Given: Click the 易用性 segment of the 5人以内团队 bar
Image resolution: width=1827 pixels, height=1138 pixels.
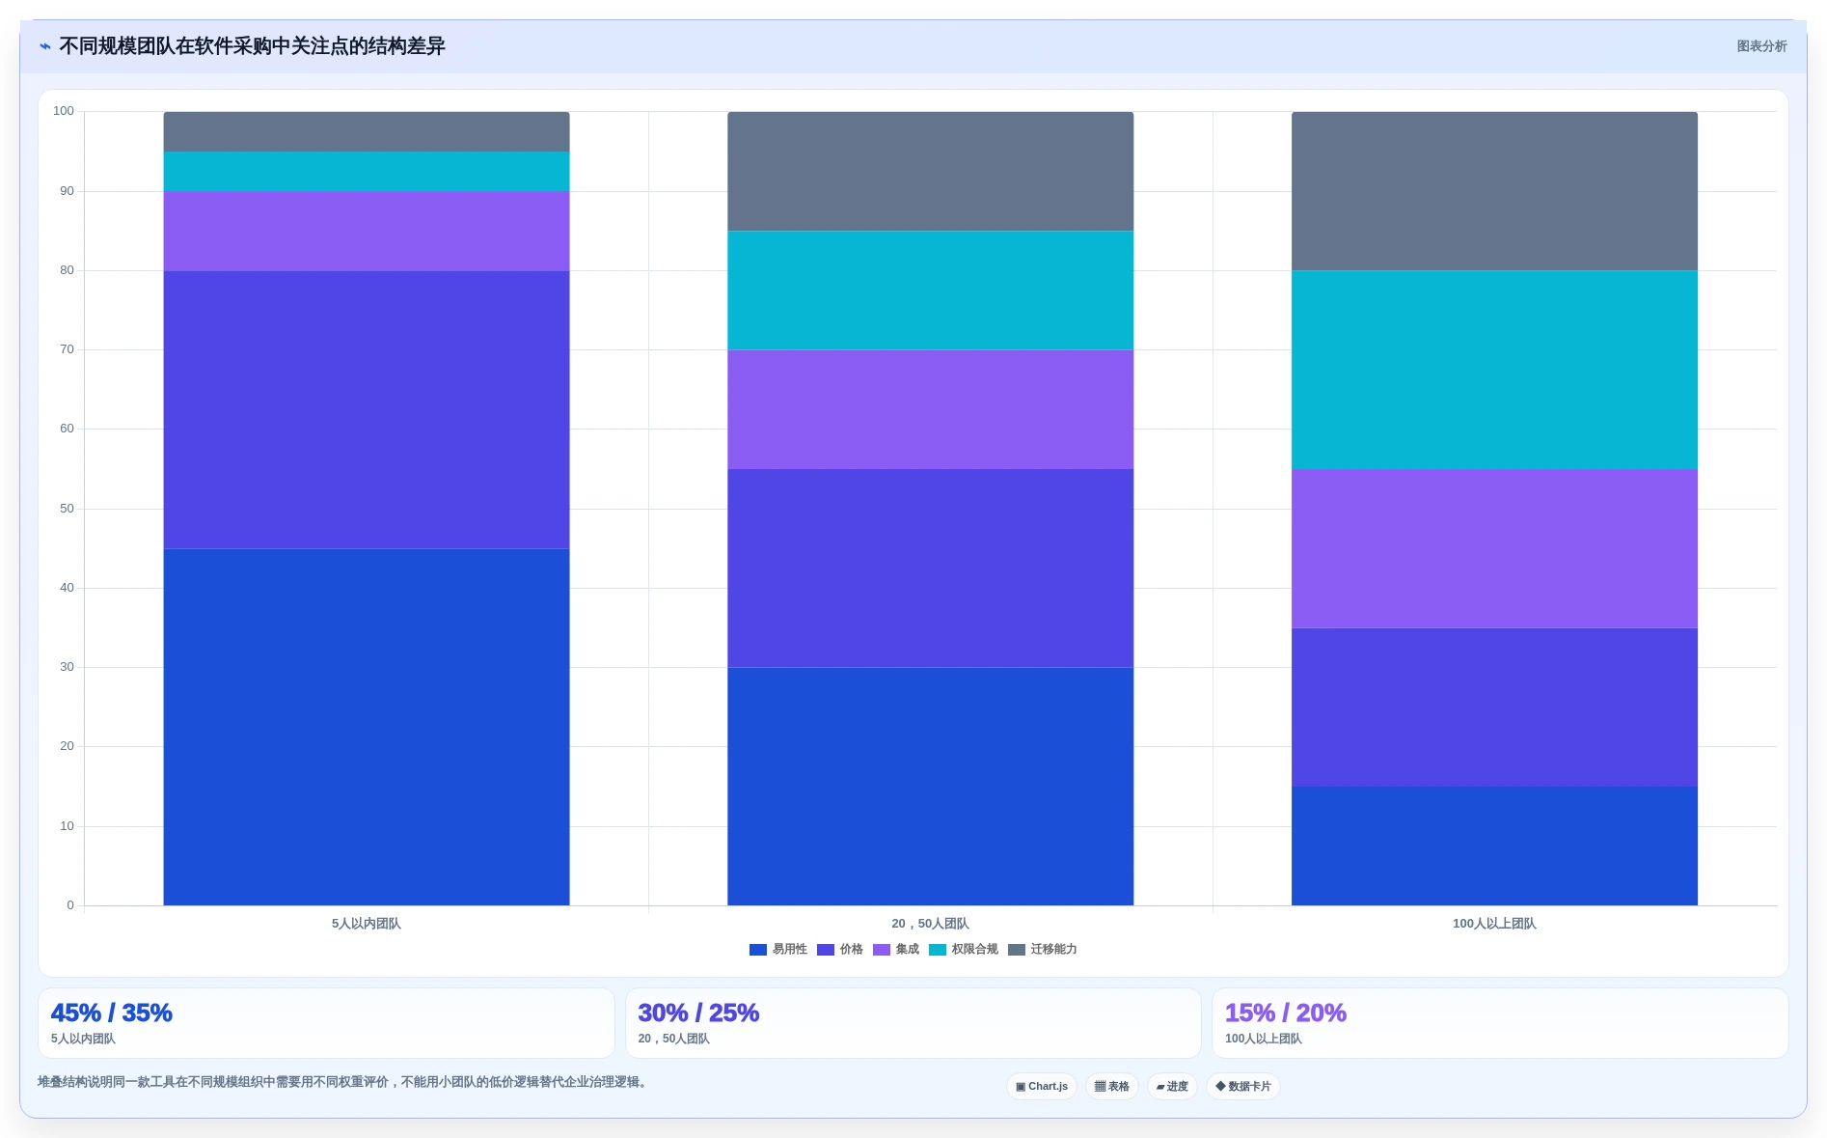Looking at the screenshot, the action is pyautogui.click(x=367, y=727).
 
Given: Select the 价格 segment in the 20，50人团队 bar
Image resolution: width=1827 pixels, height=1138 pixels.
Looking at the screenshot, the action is pyautogui.click(x=930, y=569).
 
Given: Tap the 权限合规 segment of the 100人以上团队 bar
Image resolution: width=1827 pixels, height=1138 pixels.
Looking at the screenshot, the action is pyautogui.click(x=1494, y=370).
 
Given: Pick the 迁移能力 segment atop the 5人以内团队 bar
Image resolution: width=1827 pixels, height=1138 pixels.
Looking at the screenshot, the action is pyautogui.click(x=367, y=131).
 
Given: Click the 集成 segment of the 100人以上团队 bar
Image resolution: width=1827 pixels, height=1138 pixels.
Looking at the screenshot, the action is pyautogui.click(x=1494, y=548).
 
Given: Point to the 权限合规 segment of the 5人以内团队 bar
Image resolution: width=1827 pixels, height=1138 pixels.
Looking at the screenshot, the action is pyautogui.click(x=367, y=171).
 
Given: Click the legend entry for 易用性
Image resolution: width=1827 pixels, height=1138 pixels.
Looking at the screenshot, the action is pyautogui.click(x=777, y=950).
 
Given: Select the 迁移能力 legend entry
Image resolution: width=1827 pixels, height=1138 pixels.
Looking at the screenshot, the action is pyautogui.click(x=1042, y=950).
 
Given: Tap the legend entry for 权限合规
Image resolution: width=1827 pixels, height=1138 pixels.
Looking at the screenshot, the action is pyautogui.click(x=963, y=950).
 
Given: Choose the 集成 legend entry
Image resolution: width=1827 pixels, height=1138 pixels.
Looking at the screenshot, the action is pyautogui.click(x=895, y=950).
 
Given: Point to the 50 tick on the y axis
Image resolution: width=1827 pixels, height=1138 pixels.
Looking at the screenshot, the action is pyautogui.click(x=67, y=509).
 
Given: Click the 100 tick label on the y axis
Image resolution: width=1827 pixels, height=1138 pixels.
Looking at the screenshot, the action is pyautogui.click(x=64, y=111).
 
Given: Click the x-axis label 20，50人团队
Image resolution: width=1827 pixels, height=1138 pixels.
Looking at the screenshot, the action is pyautogui.click(x=930, y=924).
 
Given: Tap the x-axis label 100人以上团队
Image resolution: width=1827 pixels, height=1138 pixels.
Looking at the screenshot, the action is pyautogui.click(x=1494, y=924).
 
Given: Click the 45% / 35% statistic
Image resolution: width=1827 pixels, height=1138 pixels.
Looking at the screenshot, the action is pyautogui.click(x=112, y=1013).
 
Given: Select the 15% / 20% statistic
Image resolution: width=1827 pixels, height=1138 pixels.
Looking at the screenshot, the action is pyautogui.click(x=1286, y=1013).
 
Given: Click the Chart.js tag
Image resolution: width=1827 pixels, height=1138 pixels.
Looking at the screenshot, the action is pyautogui.click(x=1042, y=1087).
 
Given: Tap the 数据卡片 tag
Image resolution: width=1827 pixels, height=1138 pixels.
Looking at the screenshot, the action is pyautogui.click(x=1243, y=1087).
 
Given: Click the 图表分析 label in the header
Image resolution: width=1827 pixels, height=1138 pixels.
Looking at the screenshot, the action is pyautogui.click(x=1761, y=46).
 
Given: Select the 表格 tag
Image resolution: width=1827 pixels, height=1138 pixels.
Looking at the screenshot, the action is pyautogui.click(x=1112, y=1087).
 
